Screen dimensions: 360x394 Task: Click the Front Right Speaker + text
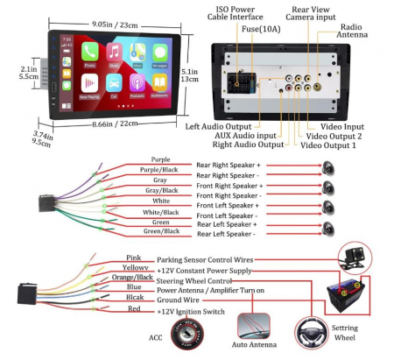[230, 187]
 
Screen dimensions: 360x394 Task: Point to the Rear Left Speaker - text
[227, 234]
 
